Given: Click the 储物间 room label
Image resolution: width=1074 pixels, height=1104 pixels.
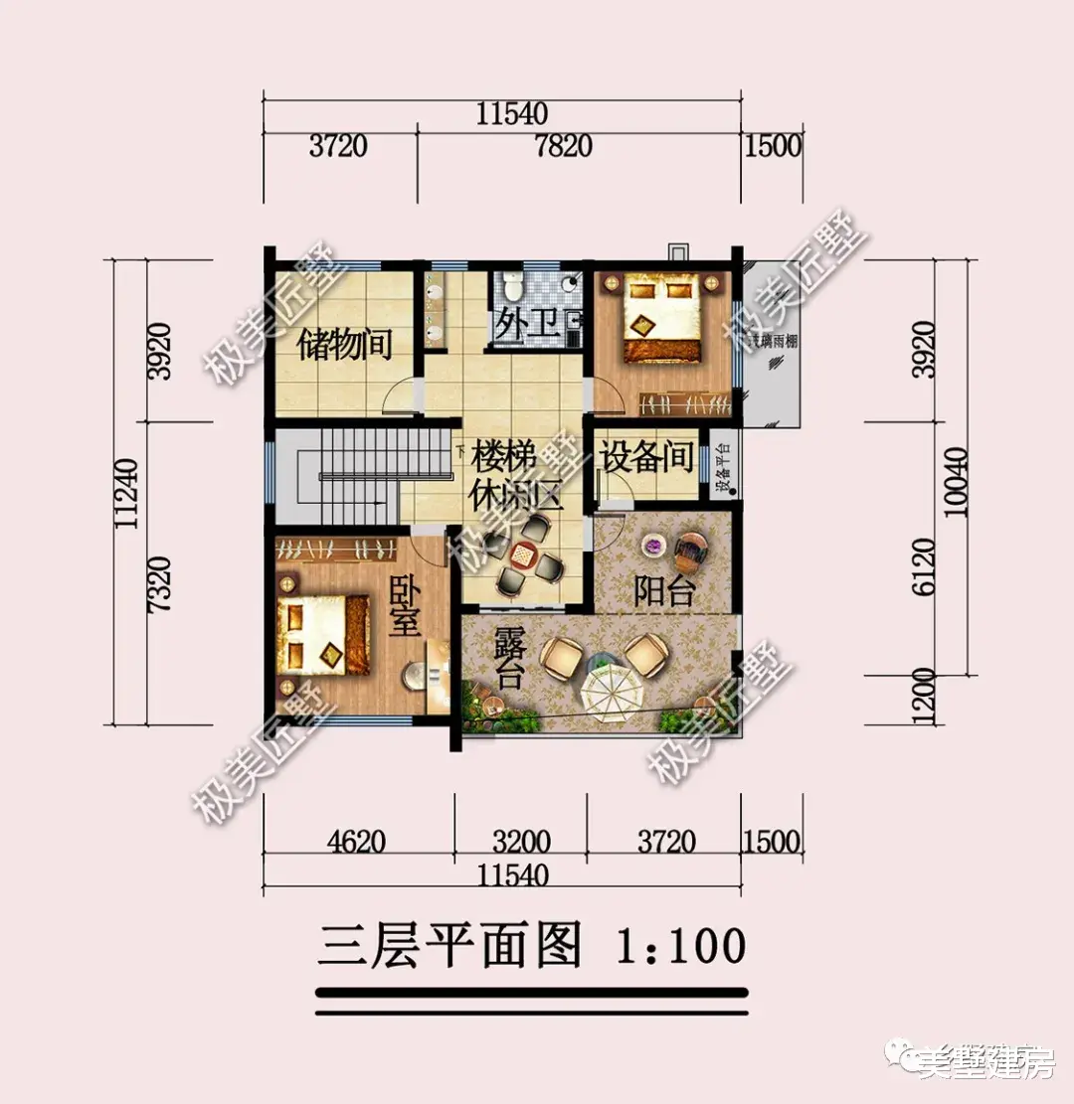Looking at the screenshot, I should [345, 345].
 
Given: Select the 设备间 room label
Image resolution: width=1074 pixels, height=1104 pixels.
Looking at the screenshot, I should [646, 457].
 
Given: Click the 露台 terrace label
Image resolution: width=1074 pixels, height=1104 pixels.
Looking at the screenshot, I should [508, 659].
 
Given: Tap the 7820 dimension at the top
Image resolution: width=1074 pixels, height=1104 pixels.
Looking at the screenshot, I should [563, 146].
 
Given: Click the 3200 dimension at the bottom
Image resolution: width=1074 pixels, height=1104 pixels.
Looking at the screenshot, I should [521, 842].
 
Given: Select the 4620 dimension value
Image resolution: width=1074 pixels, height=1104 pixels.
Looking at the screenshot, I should [356, 842].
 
